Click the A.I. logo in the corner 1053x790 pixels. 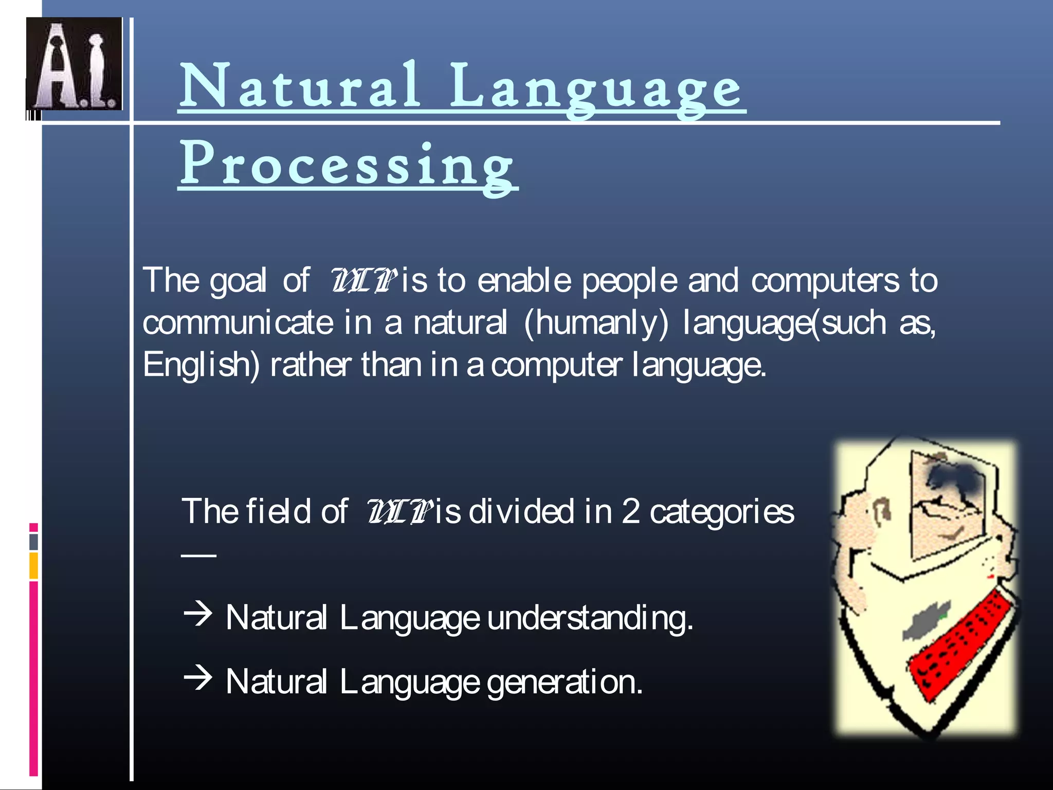(74, 64)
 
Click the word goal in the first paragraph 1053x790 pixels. (238, 281)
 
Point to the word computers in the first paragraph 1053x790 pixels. (825, 281)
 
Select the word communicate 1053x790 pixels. (238, 323)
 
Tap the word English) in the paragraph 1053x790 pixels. (202, 365)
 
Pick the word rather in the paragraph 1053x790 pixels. (311, 365)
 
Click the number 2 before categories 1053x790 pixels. (630, 512)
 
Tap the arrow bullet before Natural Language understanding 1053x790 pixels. (198, 614)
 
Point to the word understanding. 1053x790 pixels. (590, 618)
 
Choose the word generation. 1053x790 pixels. (565, 682)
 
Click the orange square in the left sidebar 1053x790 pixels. (33, 565)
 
